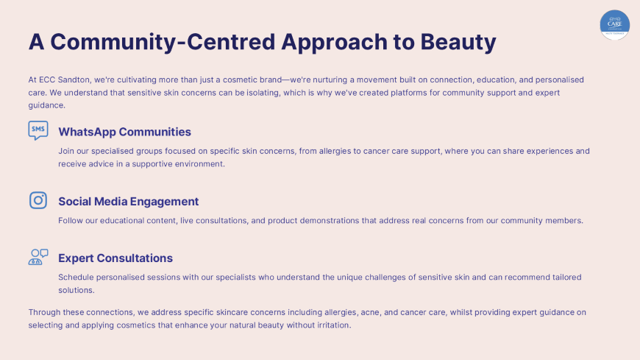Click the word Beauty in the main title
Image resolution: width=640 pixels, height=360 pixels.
(x=458, y=43)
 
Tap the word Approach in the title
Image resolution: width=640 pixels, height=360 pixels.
(x=334, y=43)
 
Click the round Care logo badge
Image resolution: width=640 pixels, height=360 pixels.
(x=615, y=25)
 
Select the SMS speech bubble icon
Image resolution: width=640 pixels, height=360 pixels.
(x=38, y=130)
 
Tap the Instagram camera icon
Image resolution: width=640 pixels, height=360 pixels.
(x=38, y=200)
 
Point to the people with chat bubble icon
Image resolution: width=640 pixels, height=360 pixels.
(x=38, y=257)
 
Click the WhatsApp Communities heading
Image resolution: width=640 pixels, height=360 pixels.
(x=124, y=132)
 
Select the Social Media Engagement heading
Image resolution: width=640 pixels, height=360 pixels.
(x=129, y=202)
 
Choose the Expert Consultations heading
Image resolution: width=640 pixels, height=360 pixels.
(x=115, y=258)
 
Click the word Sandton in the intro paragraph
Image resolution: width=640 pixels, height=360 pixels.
(x=74, y=80)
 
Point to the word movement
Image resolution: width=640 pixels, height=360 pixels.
(x=377, y=80)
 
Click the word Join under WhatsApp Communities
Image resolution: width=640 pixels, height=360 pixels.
(x=66, y=151)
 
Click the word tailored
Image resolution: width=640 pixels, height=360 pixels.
(x=567, y=278)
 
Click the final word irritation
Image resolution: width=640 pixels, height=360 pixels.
(x=335, y=325)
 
